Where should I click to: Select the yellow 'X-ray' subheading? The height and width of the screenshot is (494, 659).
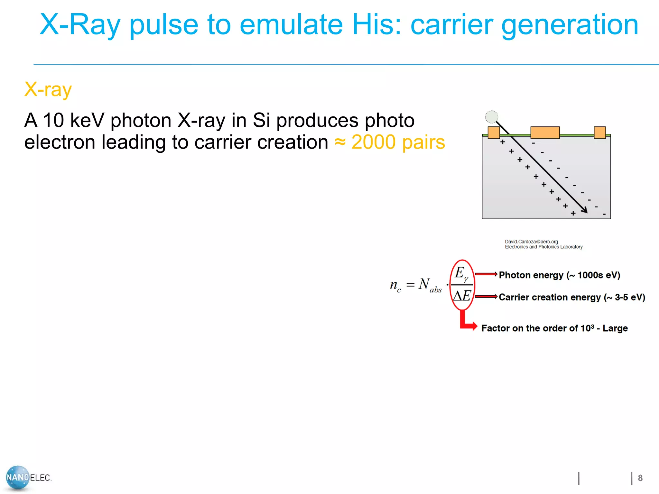coord(48,89)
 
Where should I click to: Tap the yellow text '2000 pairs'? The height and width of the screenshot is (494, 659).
coord(398,142)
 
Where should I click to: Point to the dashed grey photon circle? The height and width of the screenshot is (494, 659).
coord(491,117)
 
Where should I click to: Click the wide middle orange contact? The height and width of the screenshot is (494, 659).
coord(545,133)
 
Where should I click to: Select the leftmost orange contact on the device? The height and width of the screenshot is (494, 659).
coord(494,133)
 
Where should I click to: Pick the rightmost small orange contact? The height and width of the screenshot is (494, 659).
coord(599,133)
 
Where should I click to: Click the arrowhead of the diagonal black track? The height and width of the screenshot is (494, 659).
coord(585,210)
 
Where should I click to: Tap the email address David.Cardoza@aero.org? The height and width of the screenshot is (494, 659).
coord(531,242)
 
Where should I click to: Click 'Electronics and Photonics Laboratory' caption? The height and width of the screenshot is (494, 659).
coord(543,247)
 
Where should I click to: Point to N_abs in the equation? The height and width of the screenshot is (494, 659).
coord(430,285)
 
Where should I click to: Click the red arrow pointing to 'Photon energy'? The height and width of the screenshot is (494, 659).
coord(486,274)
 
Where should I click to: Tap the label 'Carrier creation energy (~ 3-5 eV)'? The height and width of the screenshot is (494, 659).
coord(572,297)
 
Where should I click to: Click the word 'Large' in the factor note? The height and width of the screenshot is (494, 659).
coord(615,328)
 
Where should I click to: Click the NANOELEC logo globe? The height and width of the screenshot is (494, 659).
coord(18,477)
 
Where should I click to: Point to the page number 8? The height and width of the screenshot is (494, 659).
coord(640,478)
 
